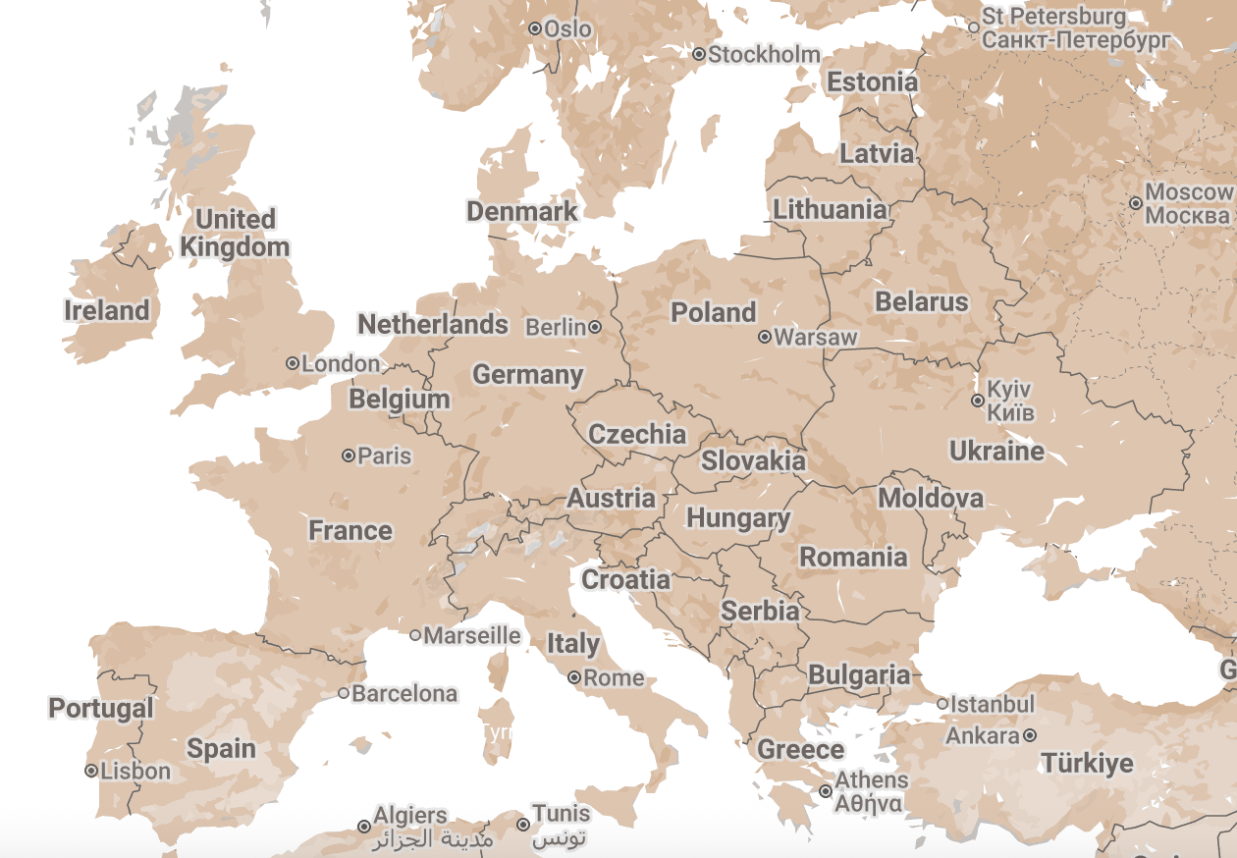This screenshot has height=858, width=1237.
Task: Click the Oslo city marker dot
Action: click(x=535, y=29)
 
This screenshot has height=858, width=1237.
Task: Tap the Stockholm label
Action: click(x=764, y=55)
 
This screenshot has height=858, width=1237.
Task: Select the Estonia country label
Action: click(x=872, y=82)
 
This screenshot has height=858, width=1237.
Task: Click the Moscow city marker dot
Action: click(x=1136, y=203)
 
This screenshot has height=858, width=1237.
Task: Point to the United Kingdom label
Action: click(x=235, y=233)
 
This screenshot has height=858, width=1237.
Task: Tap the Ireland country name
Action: click(x=107, y=311)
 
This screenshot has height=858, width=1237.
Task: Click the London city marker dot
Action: click(x=293, y=363)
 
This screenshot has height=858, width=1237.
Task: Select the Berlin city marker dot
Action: click(x=595, y=327)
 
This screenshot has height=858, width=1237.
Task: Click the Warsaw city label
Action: click(x=815, y=338)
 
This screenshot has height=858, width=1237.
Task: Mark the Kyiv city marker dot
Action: click(x=978, y=401)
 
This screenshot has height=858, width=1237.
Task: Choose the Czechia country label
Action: click(x=637, y=434)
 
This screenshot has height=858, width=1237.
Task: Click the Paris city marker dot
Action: click(x=349, y=456)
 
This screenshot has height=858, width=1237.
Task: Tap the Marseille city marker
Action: click(x=415, y=635)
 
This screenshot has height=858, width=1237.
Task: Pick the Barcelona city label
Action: click(x=404, y=694)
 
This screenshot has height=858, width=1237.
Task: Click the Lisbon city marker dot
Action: click(x=91, y=772)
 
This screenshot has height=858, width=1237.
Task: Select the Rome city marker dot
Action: click(x=574, y=677)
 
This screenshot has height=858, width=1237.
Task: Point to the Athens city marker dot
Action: click(x=826, y=791)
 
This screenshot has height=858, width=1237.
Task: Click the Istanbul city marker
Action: click(x=942, y=704)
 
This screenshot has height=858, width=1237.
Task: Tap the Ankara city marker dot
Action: click(x=1029, y=735)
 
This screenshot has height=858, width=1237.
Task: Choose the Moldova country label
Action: click(x=930, y=499)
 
